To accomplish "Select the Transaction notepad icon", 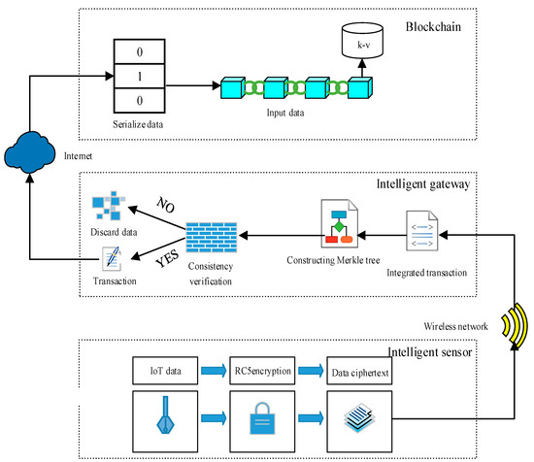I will coord(109,259).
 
